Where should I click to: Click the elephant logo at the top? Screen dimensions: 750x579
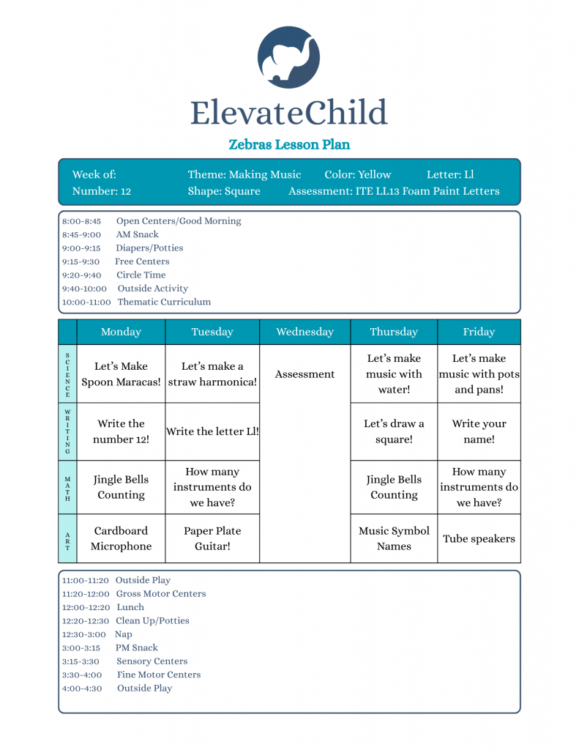[289, 57]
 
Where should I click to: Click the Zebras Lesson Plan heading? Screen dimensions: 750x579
[289, 144]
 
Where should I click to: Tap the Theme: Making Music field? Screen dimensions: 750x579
[244, 175]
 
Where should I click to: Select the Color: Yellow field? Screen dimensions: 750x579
[358, 175]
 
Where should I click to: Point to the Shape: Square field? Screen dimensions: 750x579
[224, 191]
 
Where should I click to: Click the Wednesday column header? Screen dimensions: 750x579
[305, 332]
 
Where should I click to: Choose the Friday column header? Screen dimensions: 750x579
[479, 332]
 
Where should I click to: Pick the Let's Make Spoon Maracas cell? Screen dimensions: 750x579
[121, 374]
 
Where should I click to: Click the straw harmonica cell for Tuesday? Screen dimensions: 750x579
[212, 374]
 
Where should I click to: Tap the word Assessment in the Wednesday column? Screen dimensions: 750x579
[305, 374]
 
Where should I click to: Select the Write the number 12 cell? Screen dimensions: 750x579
[121, 431]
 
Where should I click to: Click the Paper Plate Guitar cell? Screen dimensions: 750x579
[212, 538]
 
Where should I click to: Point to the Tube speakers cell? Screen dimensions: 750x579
[479, 539]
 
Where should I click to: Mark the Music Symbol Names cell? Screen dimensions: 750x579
[394, 538]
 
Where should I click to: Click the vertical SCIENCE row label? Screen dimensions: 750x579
[67, 374]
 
